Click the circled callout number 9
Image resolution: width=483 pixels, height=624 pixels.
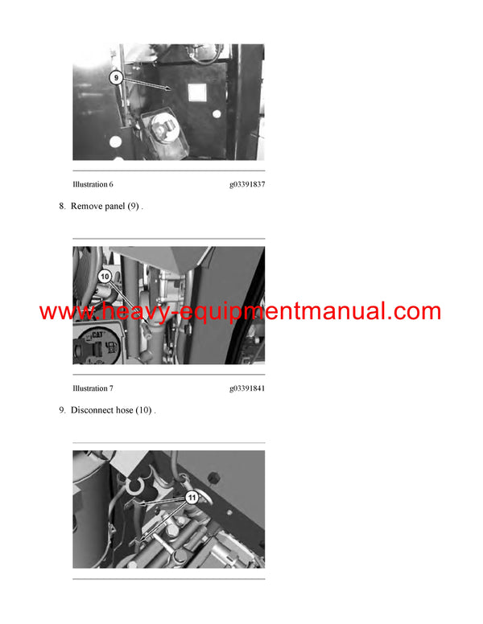point(115,78)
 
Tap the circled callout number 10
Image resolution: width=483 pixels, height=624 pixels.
point(105,276)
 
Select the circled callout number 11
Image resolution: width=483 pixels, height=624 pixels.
point(192,498)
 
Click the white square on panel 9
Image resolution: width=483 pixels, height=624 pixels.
point(197,93)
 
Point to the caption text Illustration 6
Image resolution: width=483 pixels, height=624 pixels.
point(93,185)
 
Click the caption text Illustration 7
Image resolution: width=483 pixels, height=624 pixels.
point(93,388)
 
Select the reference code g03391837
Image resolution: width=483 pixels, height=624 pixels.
point(246,185)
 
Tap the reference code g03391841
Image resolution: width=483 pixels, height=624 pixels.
point(246,388)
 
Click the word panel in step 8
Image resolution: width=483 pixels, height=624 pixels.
point(114,207)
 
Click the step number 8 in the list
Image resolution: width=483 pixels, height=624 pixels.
point(62,207)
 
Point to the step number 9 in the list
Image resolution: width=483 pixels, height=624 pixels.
point(62,410)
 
